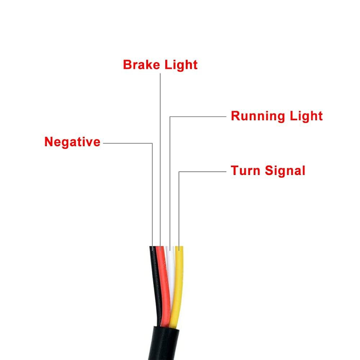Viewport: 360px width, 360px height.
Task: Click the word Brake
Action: click(x=142, y=65)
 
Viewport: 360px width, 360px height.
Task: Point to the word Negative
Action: click(x=72, y=142)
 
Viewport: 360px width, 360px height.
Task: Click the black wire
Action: click(x=154, y=274)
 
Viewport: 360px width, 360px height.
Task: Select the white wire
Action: click(x=171, y=266)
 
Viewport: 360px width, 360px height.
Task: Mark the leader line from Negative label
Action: click(x=128, y=143)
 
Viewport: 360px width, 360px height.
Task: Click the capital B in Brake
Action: click(x=127, y=65)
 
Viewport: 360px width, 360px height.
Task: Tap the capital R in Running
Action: click(x=235, y=116)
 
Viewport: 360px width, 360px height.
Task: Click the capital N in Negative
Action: click(x=49, y=142)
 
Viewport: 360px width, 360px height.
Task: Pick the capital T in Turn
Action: click(x=234, y=170)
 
